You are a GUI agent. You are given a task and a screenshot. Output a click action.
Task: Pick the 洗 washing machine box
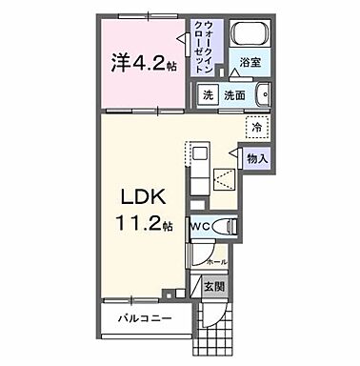coord(208,94)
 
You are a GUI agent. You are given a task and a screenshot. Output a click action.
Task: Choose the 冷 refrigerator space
coord(256,126)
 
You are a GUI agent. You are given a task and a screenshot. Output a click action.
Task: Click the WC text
coord(199,226)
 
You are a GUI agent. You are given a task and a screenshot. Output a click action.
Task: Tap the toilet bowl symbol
coord(227,226)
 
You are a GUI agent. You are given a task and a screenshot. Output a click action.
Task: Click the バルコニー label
coord(144,316)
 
